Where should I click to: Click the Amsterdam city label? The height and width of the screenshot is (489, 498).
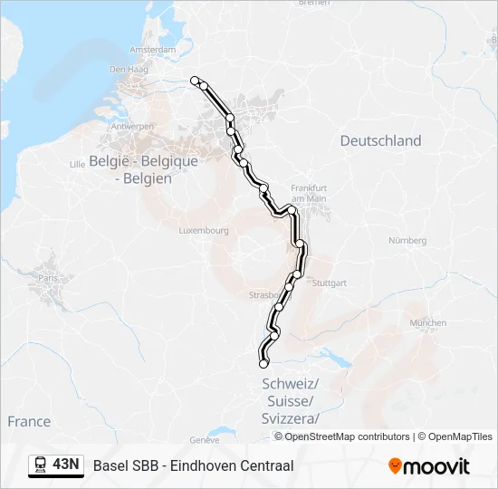click(152, 49)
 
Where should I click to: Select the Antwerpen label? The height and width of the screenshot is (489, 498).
click(132, 127)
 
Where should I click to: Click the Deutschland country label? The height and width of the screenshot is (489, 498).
click(380, 140)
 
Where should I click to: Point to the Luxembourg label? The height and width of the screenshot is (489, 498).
click(204, 231)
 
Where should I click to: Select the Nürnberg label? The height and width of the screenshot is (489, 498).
click(407, 240)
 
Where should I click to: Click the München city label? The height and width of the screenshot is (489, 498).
click(427, 322)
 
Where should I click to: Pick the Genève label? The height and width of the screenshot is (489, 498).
click(206, 439)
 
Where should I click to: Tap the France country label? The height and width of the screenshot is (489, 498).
click(29, 421)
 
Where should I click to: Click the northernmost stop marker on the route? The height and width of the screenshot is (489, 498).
click(195, 81)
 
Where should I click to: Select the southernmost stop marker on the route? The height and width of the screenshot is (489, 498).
click(263, 364)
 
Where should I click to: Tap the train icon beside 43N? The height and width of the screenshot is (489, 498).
click(41, 465)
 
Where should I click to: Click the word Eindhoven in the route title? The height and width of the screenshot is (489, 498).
click(201, 465)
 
